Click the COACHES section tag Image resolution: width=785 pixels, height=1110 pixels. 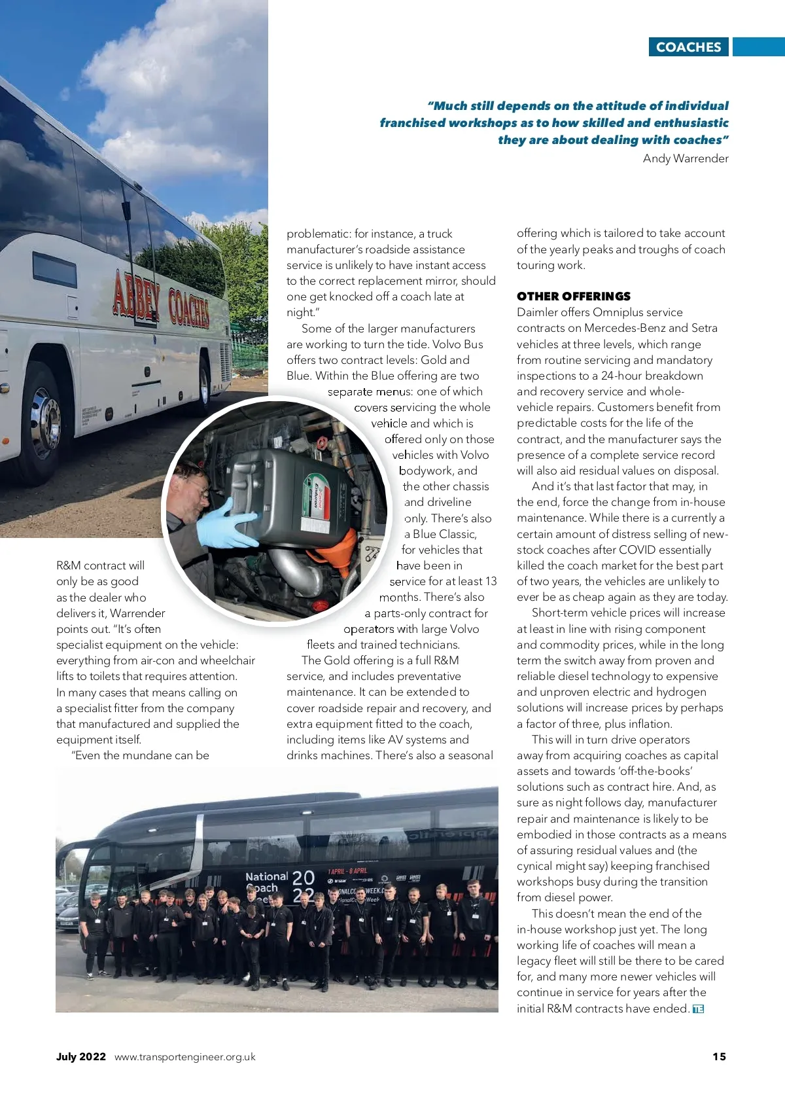point(688,47)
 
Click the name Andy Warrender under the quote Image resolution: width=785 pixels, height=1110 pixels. point(685,158)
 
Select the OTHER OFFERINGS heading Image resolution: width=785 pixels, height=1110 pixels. point(573,296)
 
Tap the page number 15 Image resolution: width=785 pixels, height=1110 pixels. point(719,1056)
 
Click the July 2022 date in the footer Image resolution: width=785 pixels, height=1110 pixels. point(80,1056)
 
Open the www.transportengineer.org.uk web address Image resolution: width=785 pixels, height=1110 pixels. point(184,1057)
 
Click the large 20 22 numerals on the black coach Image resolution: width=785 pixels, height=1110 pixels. point(303,886)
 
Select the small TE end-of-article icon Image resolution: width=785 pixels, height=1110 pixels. point(698,1009)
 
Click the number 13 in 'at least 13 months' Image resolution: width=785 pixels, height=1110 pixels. point(490,581)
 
